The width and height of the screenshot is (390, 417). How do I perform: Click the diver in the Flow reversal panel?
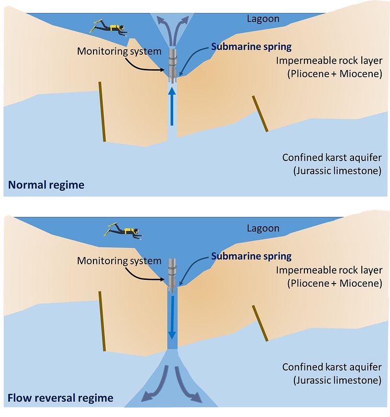pyautogui.click(x=123, y=230)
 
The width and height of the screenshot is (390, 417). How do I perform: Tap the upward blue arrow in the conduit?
pyautogui.click(x=172, y=106)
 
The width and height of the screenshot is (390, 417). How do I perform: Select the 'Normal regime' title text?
pyautogui.click(x=46, y=185)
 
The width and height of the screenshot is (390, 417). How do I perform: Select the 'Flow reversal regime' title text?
pyautogui.click(x=61, y=398)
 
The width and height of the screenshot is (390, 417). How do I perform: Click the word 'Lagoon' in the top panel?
pyautogui.click(x=263, y=19)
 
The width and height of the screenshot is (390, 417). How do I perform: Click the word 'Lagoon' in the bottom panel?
pyautogui.click(x=263, y=228)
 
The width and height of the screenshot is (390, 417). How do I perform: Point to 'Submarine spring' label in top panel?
pyautogui.click(x=251, y=47)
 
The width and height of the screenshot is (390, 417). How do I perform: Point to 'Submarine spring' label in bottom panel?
pyautogui.click(x=251, y=256)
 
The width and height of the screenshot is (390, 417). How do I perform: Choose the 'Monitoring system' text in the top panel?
pyautogui.click(x=119, y=51)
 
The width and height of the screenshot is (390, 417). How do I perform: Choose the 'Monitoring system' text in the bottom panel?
pyautogui.click(x=119, y=261)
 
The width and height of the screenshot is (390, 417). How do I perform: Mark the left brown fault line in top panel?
pyautogui.click(x=102, y=112)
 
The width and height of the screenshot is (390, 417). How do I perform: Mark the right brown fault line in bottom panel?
pyautogui.click(x=260, y=323)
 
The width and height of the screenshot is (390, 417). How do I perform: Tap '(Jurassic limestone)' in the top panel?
pyautogui.click(x=337, y=171)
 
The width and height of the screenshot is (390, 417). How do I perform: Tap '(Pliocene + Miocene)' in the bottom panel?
pyautogui.click(x=335, y=283)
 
